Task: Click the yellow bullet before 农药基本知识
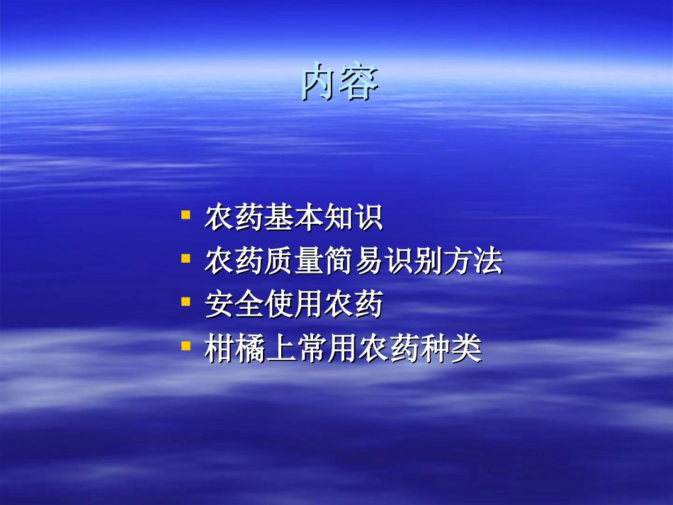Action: pos(186,214)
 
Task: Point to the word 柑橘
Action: pos(234,350)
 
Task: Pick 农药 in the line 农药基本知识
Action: pos(234,218)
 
